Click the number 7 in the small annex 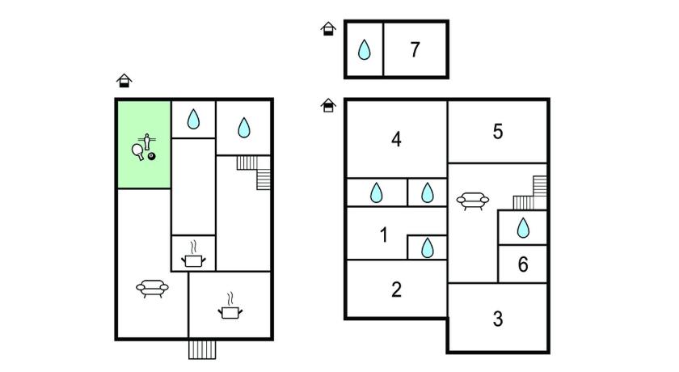click(415, 49)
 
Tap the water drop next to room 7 click(365, 49)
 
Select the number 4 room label click(396, 139)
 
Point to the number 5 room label click(498, 132)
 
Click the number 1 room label click(384, 235)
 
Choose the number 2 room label click(396, 290)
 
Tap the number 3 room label click(498, 319)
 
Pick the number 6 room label click(523, 264)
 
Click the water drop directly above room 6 click(523, 228)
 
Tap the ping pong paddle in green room click(138, 151)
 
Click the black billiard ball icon click(152, 156)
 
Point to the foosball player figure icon click(147, 142)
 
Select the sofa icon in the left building click(152, 288)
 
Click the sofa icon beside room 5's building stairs click(472, 201)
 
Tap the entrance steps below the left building click(202, 350)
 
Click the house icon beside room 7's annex click(328, 29)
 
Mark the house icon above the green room click(124, 81)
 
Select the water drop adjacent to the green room click(193, 119)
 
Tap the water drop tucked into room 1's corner click(427, 247)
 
